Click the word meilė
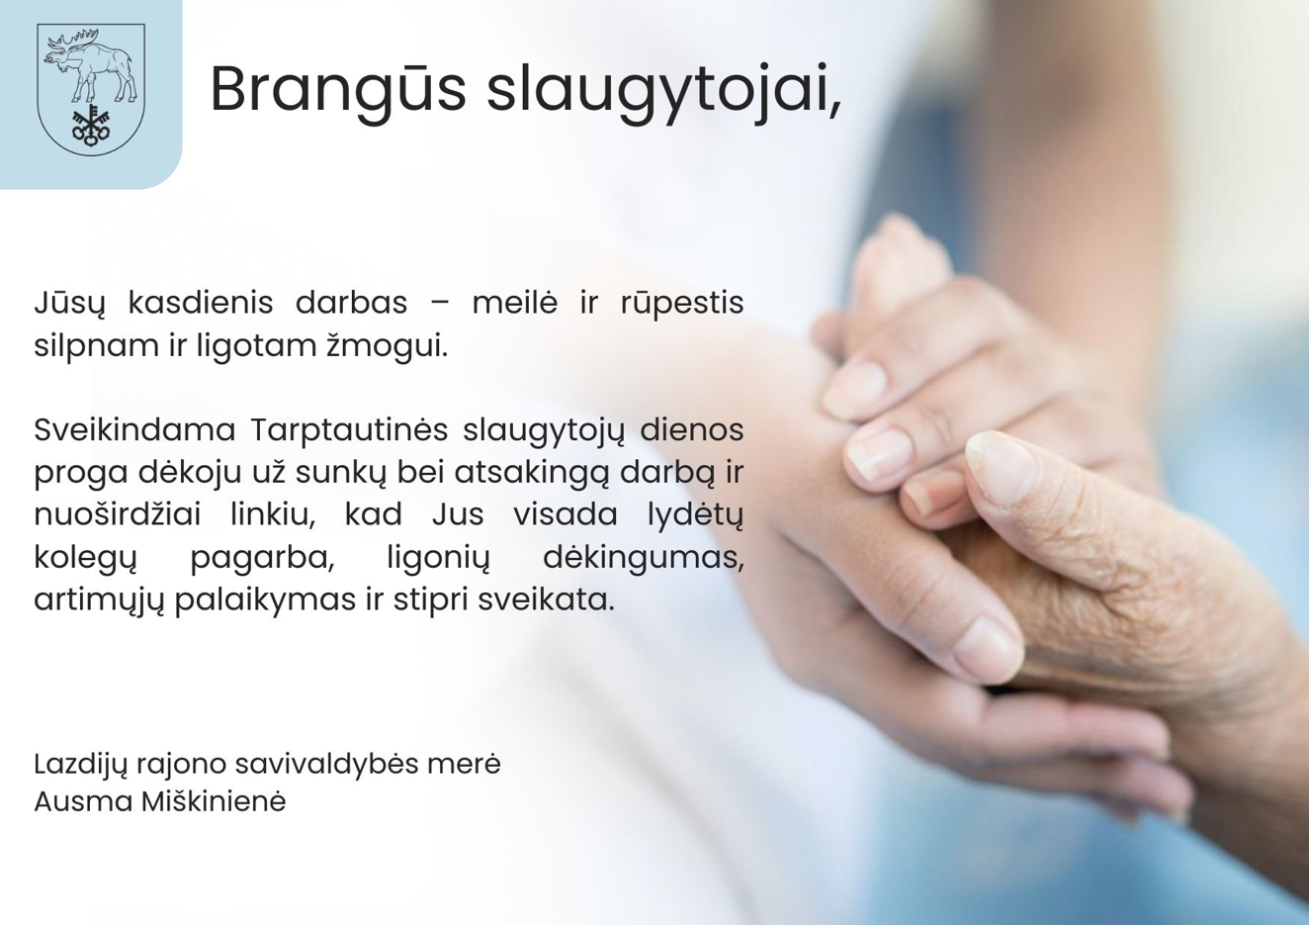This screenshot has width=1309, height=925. [514, 303]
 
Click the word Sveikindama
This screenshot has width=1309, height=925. [134, 429]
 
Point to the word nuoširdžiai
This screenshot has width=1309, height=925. [118, 514]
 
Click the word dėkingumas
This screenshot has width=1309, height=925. [644, 558]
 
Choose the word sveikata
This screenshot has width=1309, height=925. [547, 600]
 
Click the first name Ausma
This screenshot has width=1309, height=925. [83, 801]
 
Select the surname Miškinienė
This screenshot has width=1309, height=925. [214, 801]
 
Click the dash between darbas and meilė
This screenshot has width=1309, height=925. [439, 305]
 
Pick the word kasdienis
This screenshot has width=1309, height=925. [200, 303]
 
